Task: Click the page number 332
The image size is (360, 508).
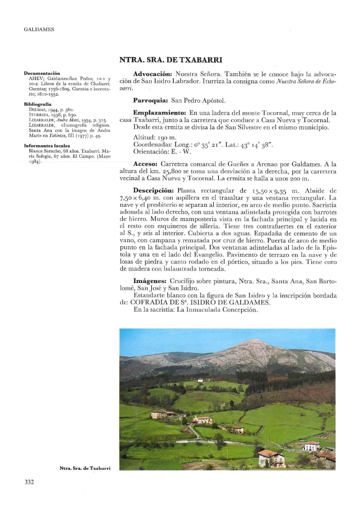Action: pyautogui.click(x=29, y=482)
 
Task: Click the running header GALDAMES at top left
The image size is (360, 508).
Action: pyautogui.click(x=39, y=29)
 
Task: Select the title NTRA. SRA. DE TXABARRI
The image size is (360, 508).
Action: pyautogui.click(x=171, y=60)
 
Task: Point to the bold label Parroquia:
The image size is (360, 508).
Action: pyautogui.click(x=150, y=101)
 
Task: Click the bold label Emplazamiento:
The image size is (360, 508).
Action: pyautogui.click(x=159, y=113)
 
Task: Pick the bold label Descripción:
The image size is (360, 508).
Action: pyautogui.click(x=154, y=191)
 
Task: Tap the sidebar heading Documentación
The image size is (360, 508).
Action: pyautogui.click(x=42, y=73)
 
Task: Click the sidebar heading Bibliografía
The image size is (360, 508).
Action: pyautogui.click(x=38, y=104)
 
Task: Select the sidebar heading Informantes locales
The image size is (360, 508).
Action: pyautogui.click(x=47, y=146)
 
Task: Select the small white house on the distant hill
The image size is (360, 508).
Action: pyautogui.click(x=200, y=380)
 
